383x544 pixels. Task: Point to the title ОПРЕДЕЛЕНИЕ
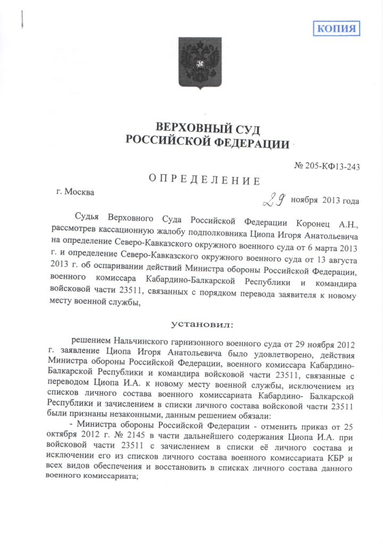(x=204, y=181)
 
